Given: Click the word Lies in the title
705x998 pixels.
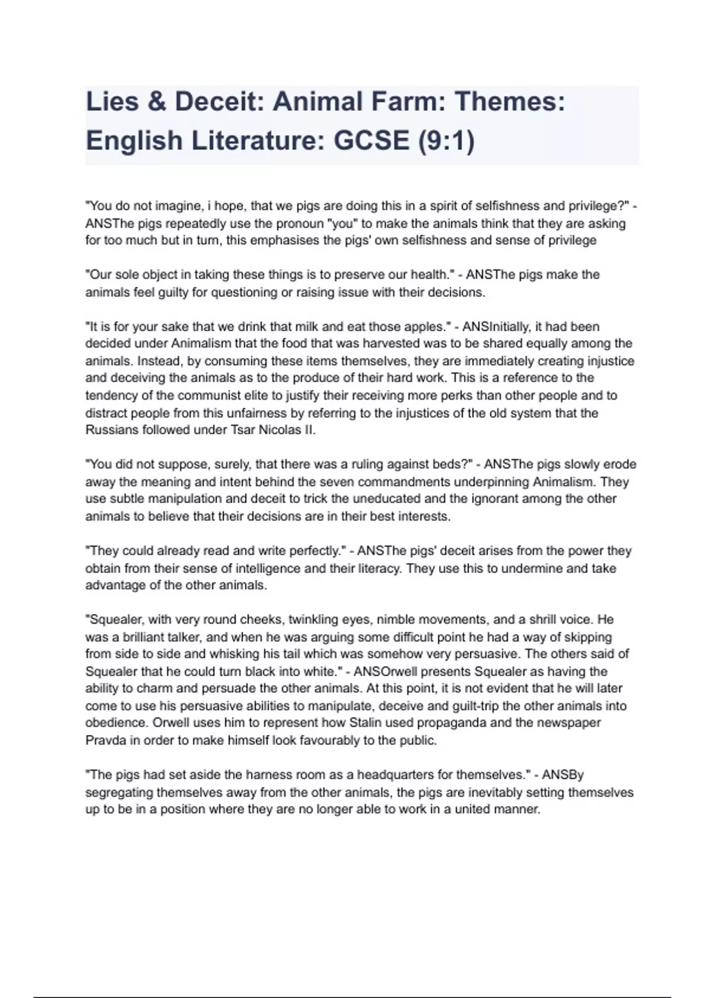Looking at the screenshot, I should pyautogui.click(x=111, y=102).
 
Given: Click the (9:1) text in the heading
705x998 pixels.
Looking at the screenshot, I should pyautogui.click(x=446, y=140).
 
